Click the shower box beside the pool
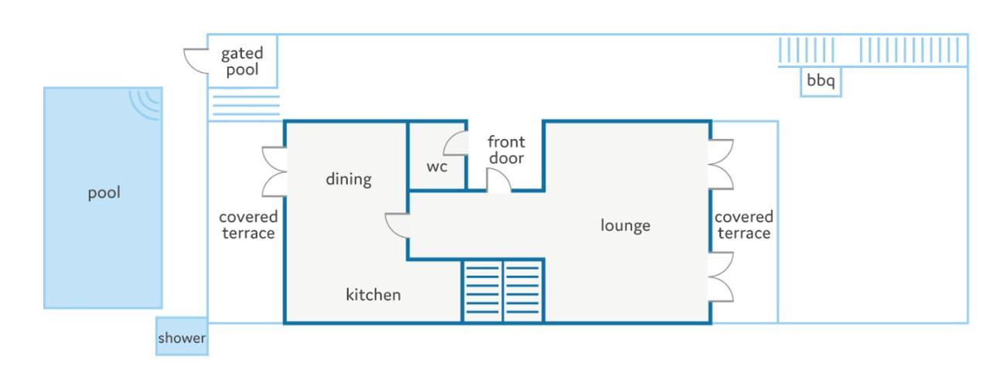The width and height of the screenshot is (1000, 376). pyautogui.click(x=183, y=337)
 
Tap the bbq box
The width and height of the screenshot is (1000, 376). pyautogui.click(x=821, y=82)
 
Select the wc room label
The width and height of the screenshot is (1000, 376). pyautogui.click(x=437, y=167)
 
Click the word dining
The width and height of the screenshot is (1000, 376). pyautogui.click(x=348, y=179)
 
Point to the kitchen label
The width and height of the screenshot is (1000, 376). pyautogui.click(x=374, y=294)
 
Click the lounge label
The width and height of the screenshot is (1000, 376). pyautogui.click(x=625, y=225)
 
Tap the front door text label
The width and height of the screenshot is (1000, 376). pyautogui.click(x=507, y=150)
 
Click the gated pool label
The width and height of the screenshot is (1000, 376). pyautogui.click(x=242, y=62)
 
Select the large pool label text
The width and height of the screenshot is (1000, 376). pyautogui.click(x=104, y=193)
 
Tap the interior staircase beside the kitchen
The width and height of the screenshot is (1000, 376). pyautogui.click(x=503, y=290)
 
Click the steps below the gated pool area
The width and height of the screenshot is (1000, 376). pyautogui.click(x=246, y=105)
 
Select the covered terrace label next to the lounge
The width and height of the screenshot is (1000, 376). pyautogui.click(x=744, y=225)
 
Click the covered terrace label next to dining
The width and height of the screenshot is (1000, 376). pyautogui.click(x=248, y=225)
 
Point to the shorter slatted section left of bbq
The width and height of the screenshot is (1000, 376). pyautogui.click(x=807, y=50)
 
